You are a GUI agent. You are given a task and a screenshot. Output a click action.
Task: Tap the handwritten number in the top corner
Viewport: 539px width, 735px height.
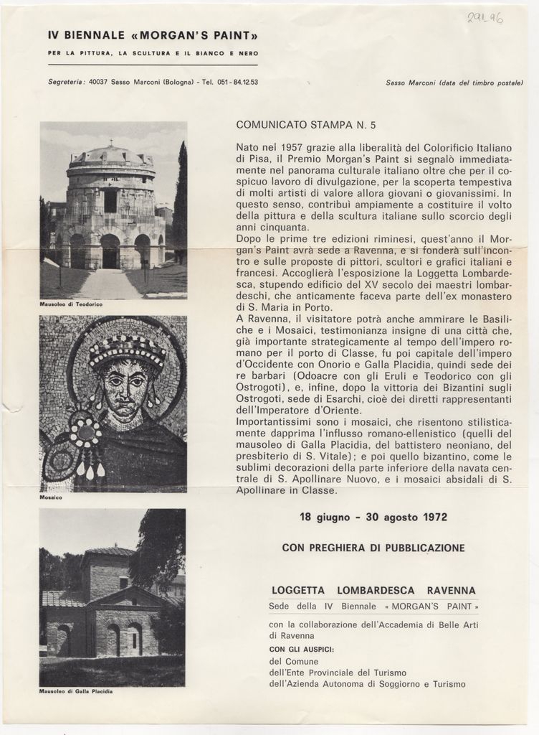pyautogui.click(x=485, y=18)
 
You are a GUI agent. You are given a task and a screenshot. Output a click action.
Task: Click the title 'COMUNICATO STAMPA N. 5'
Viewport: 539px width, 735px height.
pyautogui.click(x=306, y=125)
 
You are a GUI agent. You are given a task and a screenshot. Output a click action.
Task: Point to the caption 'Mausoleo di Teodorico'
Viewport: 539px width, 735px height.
pyautogui.click(x=71, y=305)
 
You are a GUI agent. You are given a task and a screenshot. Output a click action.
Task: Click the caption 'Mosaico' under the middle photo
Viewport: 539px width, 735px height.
pyautogui.click(x=51, y=497)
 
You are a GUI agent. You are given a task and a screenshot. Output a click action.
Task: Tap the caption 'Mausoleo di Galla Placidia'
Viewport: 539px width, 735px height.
pyautogui.click(x=76, y=691)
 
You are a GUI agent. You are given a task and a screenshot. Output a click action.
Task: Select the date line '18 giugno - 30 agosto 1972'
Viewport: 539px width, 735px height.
pyautogui.click(x=373, y=517)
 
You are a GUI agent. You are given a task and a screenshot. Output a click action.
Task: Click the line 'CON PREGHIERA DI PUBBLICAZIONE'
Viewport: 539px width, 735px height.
pyautogui.click(x=373, y=548)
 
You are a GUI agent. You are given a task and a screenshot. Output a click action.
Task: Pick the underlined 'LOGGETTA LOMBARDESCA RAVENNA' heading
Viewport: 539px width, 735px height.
pyautogui.click(x=373, y=591)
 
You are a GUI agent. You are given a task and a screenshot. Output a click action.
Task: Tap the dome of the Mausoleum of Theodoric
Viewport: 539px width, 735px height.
pyautogui.click(x=110, y=155)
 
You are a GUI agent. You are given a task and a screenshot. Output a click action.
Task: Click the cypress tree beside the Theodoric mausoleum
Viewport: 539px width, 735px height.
pyautogui.click(x=179, y=201)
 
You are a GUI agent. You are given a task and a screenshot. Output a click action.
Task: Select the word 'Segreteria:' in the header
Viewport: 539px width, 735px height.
pyautogui.click(x=67, y=82)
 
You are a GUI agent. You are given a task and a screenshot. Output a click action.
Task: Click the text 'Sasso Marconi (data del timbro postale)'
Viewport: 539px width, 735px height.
pyautogui.click(x=454, y=83)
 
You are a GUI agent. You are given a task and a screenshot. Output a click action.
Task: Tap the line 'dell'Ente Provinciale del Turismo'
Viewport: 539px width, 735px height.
pyautogui.click(x=338, y=673)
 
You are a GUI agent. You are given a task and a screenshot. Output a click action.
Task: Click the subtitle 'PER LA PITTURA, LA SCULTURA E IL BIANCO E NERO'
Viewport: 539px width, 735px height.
pyautogui.click(x=153, y=53)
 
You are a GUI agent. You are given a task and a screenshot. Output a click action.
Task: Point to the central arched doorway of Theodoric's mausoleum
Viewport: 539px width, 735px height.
pyautogui.click(x=110, y=253)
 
